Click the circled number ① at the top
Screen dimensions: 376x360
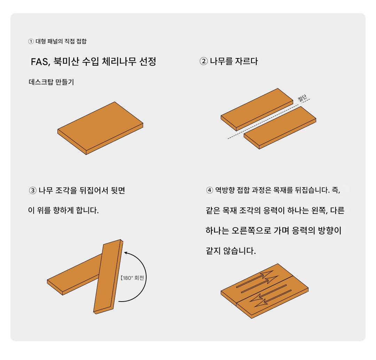tap(31, 41)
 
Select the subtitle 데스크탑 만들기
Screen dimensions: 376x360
tap(51, 82)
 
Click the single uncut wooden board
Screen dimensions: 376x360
tap(100, 128)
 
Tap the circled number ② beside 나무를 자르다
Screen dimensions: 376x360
tap(204, 61)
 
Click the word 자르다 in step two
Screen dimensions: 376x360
tap(246, 61)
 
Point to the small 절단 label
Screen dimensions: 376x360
tap(302, 98)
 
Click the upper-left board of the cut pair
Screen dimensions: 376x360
tap(257, 110)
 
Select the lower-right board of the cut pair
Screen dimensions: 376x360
tap(280, 127)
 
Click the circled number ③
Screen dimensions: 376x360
tap(33, 191)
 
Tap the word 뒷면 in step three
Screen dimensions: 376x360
tap(118, 190)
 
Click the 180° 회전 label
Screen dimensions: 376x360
tap(132, 278)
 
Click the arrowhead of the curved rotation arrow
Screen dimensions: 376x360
tap(126, 253)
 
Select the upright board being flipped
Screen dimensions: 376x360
tap(108, 277)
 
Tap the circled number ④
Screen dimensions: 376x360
tap(210, 190)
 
